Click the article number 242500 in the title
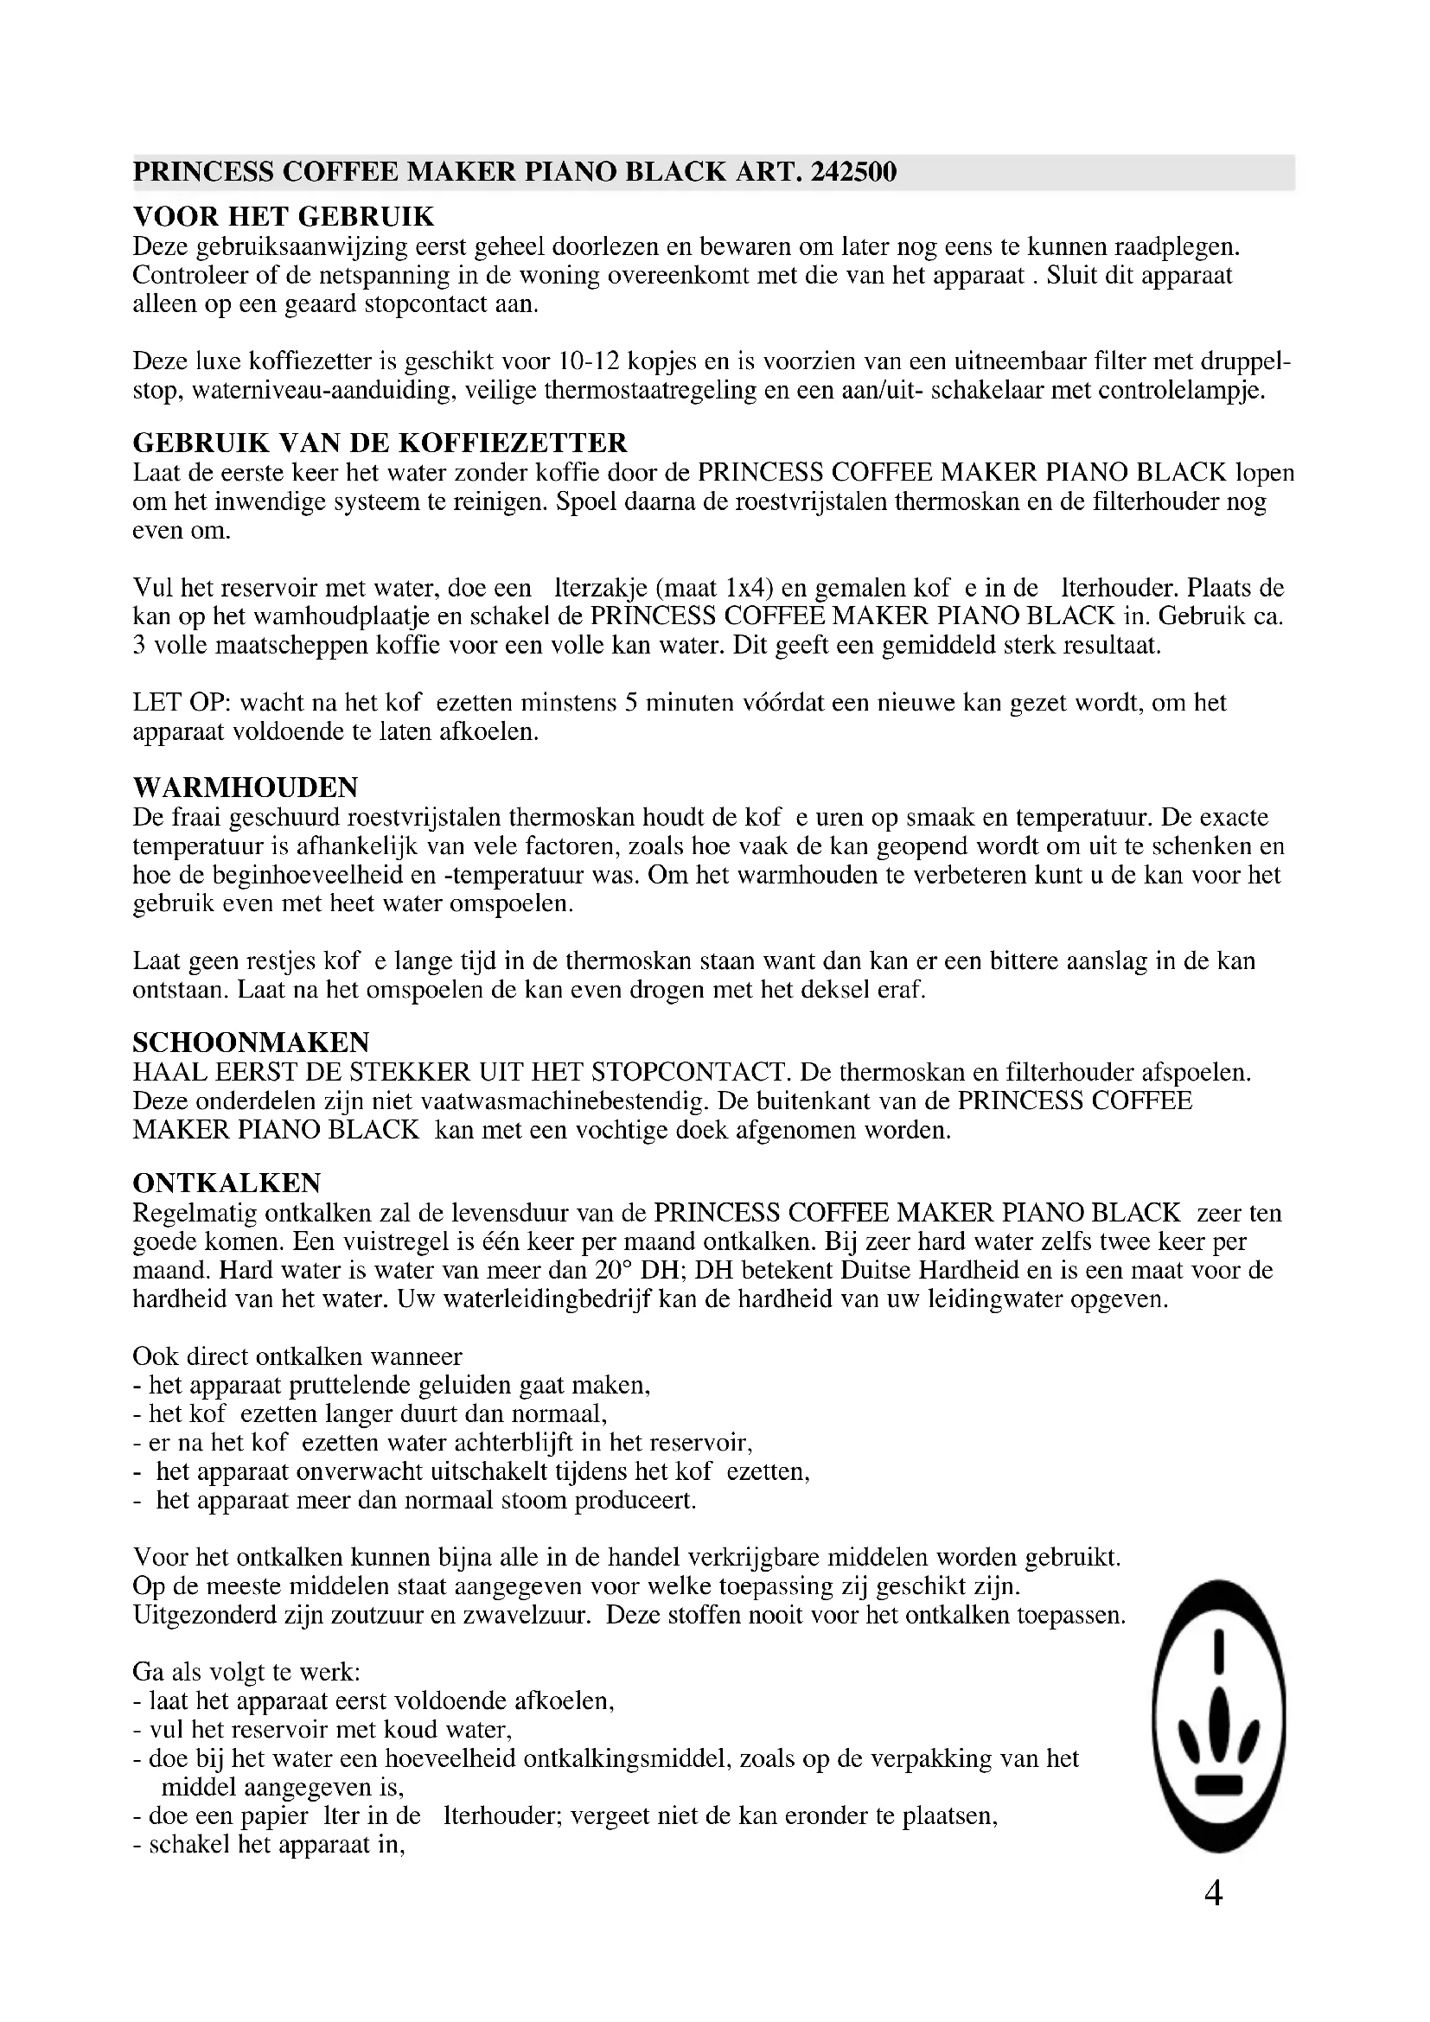tap(852, 172)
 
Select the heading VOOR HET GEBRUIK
tap(284, 217)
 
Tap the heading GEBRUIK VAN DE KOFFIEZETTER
tap(380, 442)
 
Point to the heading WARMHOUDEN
tap(246, 787)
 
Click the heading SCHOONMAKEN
tap(251, 1043)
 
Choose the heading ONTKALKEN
tap(227, 1183)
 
